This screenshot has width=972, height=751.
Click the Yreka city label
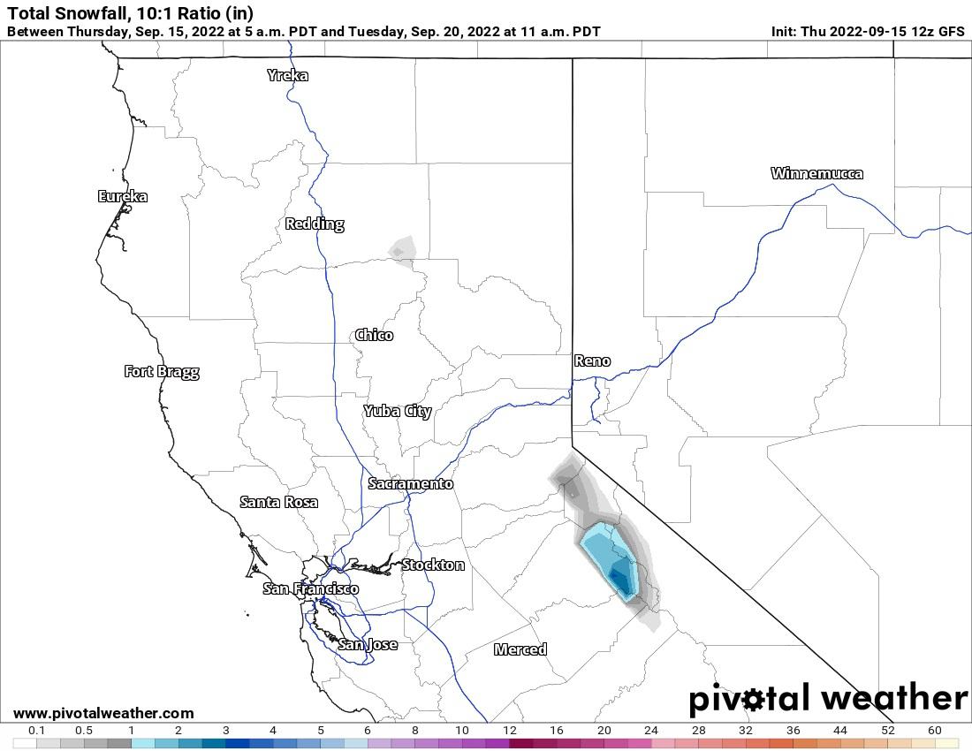point(288,75)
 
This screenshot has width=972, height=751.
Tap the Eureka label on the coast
point(123,196)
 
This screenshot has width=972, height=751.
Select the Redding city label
point(315,224)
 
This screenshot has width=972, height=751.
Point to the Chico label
point(374,335)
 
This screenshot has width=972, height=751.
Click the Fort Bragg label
point(162,371)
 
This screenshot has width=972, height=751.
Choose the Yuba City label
point(398,411)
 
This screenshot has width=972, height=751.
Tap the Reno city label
point(592,360)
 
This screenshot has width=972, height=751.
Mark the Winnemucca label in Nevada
point(816,173)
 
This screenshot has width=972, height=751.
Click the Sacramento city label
point(411,483)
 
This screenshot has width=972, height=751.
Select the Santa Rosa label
point(279,502)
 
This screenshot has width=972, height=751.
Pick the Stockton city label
point(433,565)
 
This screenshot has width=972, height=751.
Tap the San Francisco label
point(311,588)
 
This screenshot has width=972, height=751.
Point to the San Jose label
point(368,644)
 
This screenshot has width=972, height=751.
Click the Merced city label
point(520,649)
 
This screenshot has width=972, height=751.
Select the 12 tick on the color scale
point(510,731)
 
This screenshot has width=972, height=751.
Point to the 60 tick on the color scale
point(935,731)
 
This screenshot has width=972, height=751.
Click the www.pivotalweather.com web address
point(103,713)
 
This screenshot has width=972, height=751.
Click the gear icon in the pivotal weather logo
point(753,701)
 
